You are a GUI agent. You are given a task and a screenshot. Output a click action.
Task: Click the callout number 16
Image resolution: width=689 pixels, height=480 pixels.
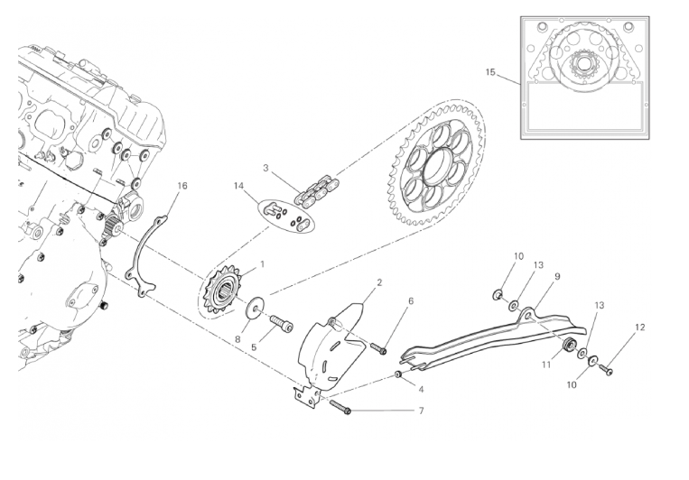[182, 186]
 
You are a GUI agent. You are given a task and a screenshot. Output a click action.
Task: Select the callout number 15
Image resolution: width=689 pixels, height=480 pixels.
[490, 72]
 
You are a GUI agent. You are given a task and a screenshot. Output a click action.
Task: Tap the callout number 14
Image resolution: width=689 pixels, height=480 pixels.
[238, 186]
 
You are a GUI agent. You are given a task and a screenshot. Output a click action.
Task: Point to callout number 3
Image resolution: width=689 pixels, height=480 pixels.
[265, 168]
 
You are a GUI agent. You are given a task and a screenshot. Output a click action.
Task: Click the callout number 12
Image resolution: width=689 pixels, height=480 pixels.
[639, 328]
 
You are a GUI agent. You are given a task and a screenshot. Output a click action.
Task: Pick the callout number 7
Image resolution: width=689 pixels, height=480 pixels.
[421, 411]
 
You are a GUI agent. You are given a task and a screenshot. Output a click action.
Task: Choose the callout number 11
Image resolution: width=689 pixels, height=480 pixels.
[546, 365]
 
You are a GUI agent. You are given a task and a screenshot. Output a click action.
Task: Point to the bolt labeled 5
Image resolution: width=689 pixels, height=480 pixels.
[281, 324]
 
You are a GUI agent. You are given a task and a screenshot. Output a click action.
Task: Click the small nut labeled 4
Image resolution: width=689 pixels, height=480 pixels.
[399, 374]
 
